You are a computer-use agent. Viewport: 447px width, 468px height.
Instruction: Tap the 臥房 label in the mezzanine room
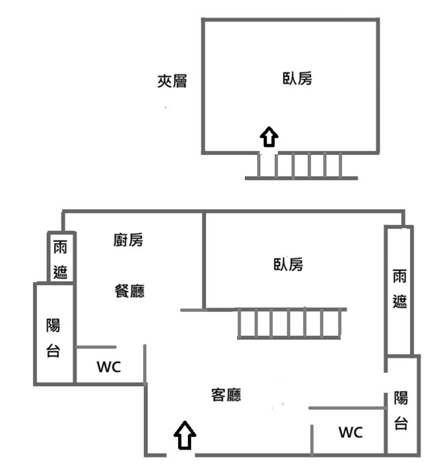[x=297, y=79]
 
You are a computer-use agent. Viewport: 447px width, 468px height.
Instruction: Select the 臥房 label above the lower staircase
[x=288, y=264]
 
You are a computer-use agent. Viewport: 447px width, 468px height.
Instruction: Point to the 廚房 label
[x=129, y=240]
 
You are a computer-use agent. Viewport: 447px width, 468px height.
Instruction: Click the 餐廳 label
[x=130, y=291]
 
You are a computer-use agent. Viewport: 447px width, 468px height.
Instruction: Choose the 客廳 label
[x=226, y=395]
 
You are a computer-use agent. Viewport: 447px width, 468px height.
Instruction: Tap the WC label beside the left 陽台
[x=108, y=367]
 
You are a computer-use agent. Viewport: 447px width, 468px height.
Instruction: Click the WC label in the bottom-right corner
[x=350, y=432]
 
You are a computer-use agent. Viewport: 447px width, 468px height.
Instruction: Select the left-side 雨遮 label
[x=60, y=259]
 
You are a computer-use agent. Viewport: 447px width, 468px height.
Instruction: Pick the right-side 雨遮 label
[x=400, y=289]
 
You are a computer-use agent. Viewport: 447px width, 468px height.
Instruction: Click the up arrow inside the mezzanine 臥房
[x=269, y=136]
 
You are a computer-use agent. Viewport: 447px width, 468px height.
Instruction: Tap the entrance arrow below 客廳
[x=185, y=435]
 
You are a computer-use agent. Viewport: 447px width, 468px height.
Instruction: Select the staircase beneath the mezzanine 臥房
[x=299, y=165]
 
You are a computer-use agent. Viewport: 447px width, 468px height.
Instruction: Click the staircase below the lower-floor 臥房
[x=289, y=323]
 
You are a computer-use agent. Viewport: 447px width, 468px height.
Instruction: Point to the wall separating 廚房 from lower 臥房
[x=205, y=260]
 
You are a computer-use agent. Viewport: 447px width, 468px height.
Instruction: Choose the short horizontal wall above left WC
[x=96, y=347]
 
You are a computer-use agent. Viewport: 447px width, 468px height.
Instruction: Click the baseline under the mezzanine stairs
[x=301, y=178]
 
